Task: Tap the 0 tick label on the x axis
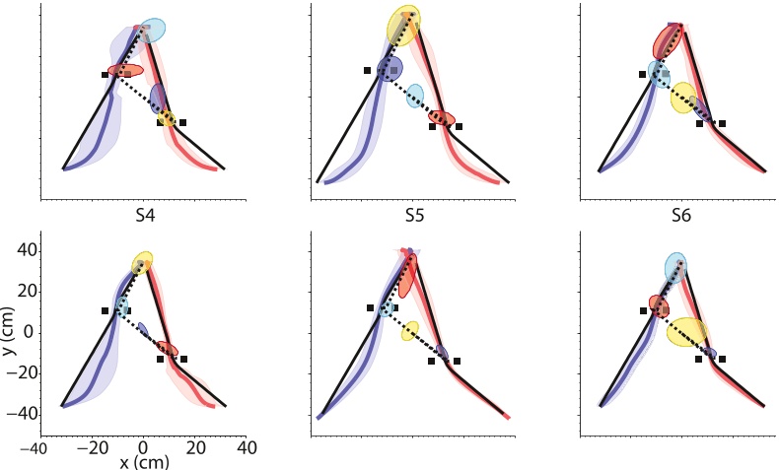[x=143, y=447]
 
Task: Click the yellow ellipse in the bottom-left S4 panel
[x=143, y=263]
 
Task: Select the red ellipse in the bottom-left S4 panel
[x=167, y=349]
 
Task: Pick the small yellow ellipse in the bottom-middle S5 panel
[x=410, y=331]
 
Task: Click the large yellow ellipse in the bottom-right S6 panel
[x=686, y=332]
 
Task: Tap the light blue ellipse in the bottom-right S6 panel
[x=675, y=267]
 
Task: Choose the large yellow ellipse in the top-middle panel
[x=403, y=26]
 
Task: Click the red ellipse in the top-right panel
[x=668, y=41]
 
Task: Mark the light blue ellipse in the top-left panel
[x=153, y=31]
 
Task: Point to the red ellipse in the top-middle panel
[x=442, y=119]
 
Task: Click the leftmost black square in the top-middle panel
[x=367, y=70]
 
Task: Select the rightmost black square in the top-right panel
[x=722, y=123]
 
